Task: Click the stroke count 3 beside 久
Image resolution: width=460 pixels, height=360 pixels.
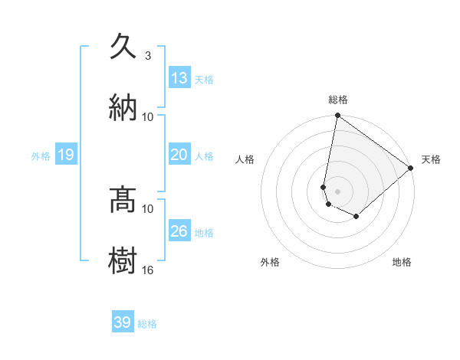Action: click(148, 56)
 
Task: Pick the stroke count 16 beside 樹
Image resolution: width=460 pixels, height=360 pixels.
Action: click(148, 270)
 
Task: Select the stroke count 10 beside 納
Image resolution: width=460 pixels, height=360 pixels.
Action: click(148, 116)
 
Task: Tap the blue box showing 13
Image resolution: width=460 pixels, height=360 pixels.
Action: click(179, 78)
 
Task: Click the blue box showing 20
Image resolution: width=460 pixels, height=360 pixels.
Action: click(179, 155)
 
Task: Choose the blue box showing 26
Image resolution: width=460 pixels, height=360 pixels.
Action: click(179, 231)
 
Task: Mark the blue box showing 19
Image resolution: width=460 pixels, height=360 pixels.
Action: click(66, 155)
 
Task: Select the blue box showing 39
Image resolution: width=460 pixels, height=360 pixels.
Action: click(123, 322)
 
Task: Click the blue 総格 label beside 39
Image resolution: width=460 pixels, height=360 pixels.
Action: click(147, 324)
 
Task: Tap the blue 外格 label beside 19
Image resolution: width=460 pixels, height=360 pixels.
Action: click(41, 156)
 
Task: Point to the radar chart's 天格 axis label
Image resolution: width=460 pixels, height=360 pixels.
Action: click(431, 159)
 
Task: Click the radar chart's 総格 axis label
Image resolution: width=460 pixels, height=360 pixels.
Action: click(338, 100)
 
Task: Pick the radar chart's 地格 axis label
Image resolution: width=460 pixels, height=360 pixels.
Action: click(402, 263)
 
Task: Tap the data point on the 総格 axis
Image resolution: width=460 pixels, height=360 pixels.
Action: click(337, 116)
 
